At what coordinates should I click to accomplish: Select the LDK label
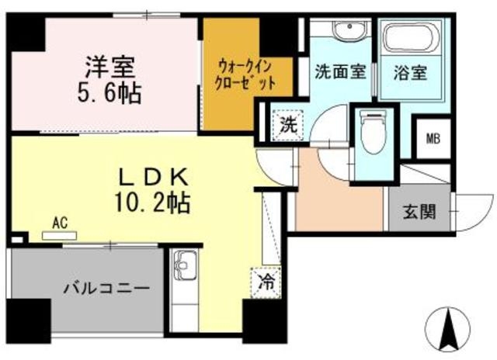tap(151, 175)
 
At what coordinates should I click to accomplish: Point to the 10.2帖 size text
tap(151, 204)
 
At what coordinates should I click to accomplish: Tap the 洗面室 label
tap(339, 72)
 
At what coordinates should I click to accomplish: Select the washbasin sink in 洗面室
tap(345, 30)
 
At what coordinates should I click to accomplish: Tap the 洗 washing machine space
tap(288, 124)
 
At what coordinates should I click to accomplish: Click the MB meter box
tap(431, 140)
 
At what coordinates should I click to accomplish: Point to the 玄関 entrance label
tap(419, 210)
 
